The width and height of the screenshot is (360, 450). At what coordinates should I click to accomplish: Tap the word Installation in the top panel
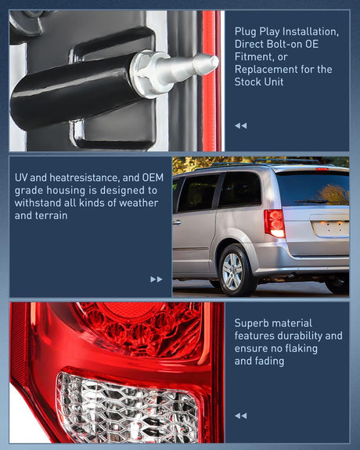(x=308, y=31)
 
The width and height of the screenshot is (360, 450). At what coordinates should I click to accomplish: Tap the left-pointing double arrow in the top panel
(x=240, y=125)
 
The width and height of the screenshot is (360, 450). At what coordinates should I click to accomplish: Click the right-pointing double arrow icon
(x=157, y=279)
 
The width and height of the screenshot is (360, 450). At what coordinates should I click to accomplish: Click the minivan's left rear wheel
(x=233, y=271)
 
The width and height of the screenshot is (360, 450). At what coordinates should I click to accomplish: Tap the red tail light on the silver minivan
(x=275, y=222)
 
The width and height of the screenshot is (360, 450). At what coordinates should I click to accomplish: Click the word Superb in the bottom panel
(x=252, y=322)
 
